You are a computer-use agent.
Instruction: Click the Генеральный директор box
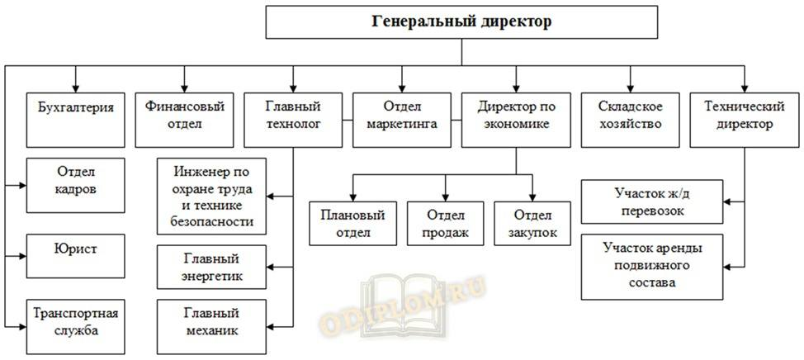(x=461, y=22)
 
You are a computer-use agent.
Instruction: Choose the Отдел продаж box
(x=447, y=224)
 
